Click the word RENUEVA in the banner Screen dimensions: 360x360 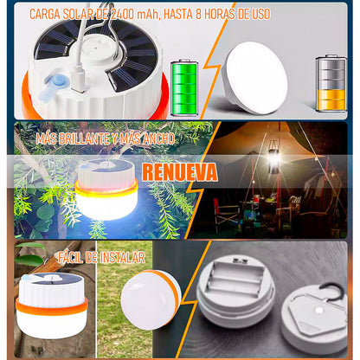click(180, 172)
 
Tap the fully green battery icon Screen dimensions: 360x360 click(184, 88)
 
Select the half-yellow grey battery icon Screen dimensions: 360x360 click(331, 83)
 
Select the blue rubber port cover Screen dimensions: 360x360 click(55, 87)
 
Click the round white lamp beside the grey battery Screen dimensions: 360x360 click(254, 78)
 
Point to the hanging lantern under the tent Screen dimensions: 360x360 click(273, 157)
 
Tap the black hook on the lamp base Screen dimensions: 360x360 click(332, 290)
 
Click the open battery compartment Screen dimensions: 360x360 click(235, 278)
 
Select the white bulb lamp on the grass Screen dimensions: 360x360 click(151, 300)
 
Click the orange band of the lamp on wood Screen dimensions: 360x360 click(52, 306)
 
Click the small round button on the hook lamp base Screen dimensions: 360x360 click(319, 311)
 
